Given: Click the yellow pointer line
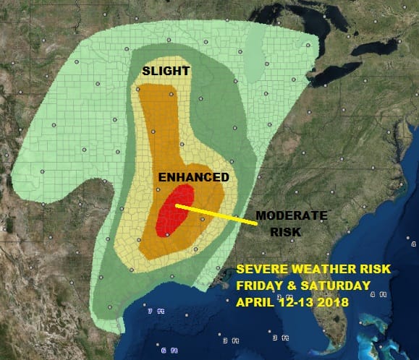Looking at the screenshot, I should click(217, 215).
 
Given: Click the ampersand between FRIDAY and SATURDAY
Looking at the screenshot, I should click(294, 286).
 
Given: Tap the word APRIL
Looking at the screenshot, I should click(255, 301).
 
